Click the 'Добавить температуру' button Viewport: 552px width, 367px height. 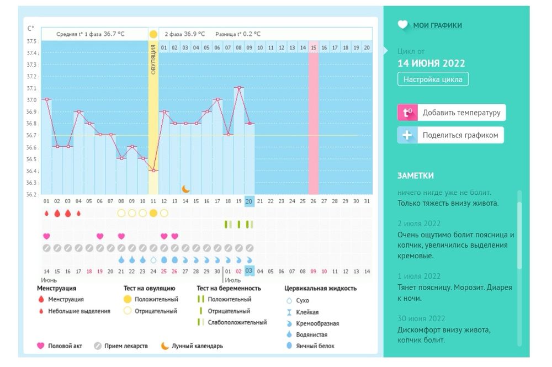click(451, 113)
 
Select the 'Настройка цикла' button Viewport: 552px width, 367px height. click(433, 79)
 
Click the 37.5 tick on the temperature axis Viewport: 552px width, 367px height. click(31, 41)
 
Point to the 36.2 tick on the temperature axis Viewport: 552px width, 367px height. click(31, 194)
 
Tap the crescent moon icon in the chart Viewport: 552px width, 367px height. click(185, 189)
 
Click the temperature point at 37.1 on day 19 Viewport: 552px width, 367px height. click(238, 87)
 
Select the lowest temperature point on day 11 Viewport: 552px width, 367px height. click(153, 171)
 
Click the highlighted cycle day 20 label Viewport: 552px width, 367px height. click(250, 201)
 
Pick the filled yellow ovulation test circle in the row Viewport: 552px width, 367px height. click(153, 213)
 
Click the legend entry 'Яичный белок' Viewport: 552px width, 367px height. click(315, 346)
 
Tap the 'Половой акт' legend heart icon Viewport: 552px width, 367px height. click(40, 346)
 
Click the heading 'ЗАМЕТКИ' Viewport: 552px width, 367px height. click(415, 175)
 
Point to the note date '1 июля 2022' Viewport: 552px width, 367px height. click(419, 276)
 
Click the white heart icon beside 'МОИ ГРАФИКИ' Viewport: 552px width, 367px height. click(403, 25)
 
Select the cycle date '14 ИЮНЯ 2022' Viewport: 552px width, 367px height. click(431, 63)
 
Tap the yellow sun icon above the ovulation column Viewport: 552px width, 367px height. click(153, 34)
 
